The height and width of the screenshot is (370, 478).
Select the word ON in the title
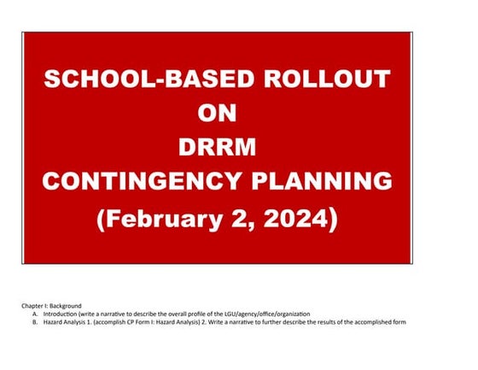pos(217,113)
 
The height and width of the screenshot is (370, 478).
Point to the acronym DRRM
pos(217,147)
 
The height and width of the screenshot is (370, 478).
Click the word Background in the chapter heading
pos(65,305)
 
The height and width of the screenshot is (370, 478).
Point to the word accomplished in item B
pos(379,322)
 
